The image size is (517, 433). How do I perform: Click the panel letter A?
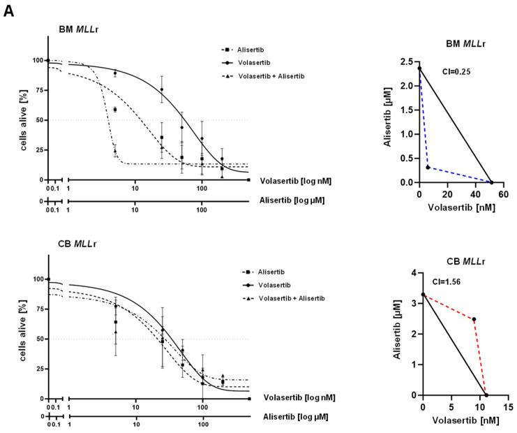pyautogui.click(x=8, y=12)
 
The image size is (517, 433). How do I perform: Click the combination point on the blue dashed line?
pyautogui.click(x=428, y=168)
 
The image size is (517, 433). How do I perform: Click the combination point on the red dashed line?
pyautogui.click(x=474, y=320)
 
